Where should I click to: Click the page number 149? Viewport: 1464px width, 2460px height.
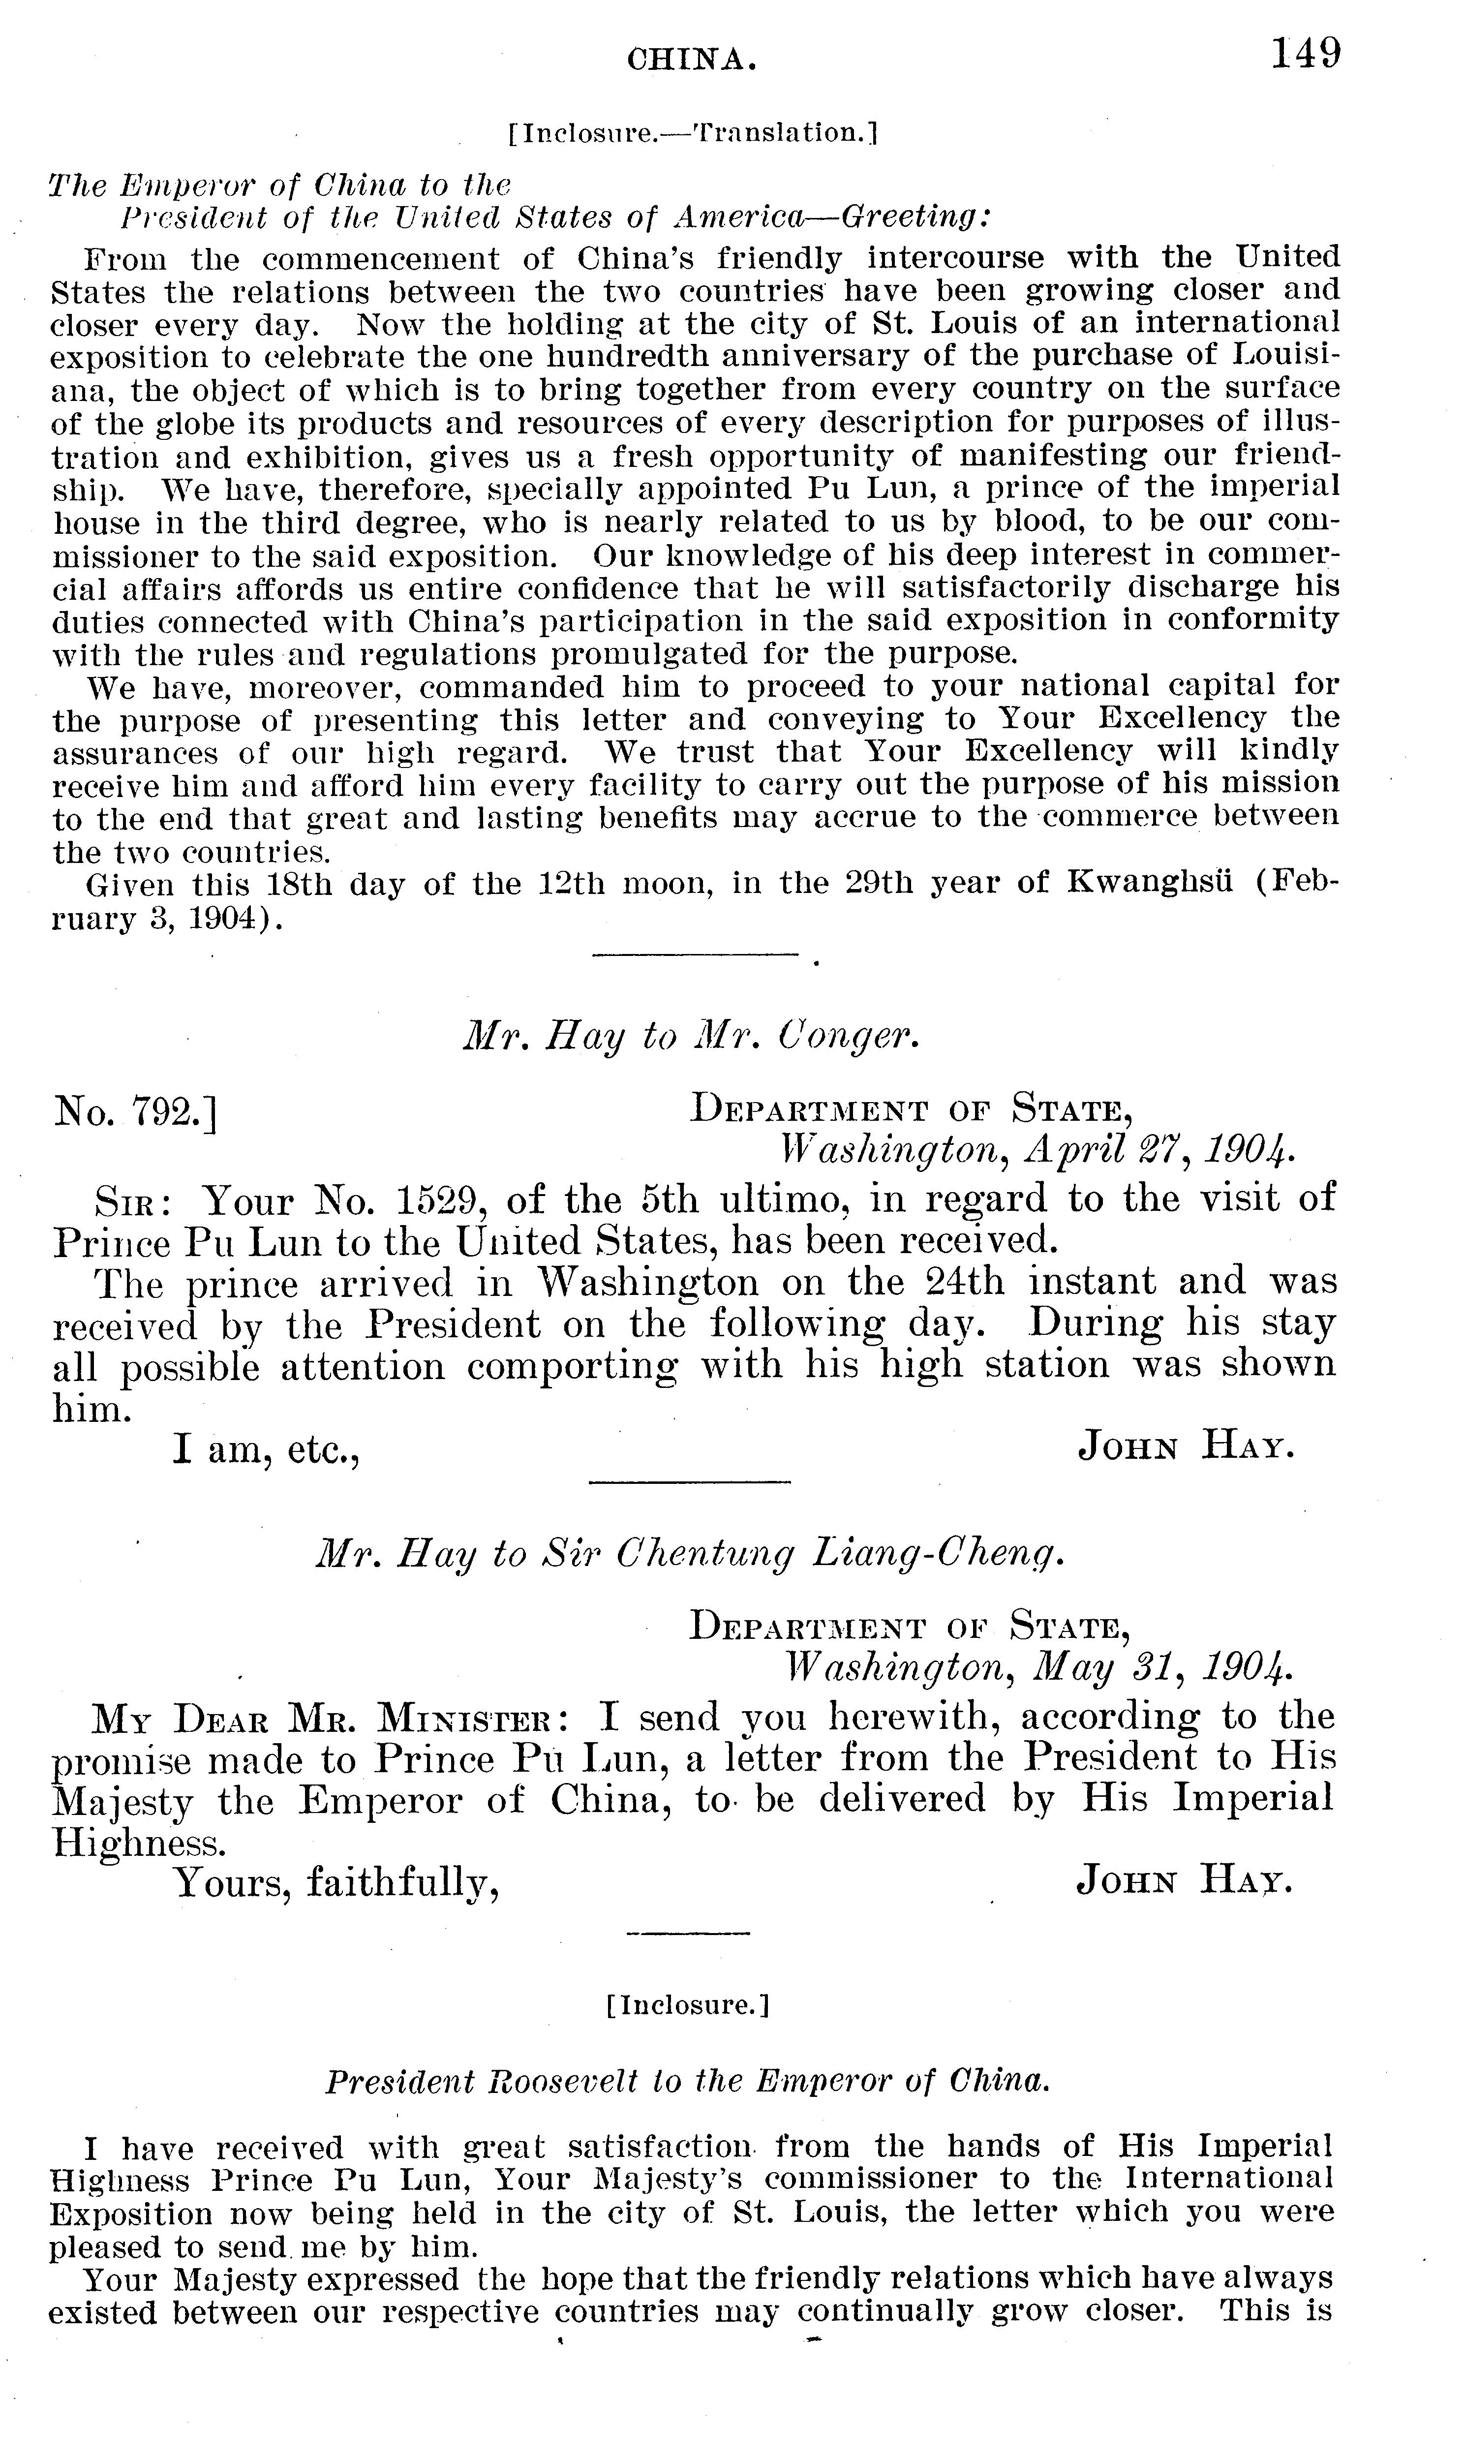pyautogui.click(x=1305, y=53)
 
